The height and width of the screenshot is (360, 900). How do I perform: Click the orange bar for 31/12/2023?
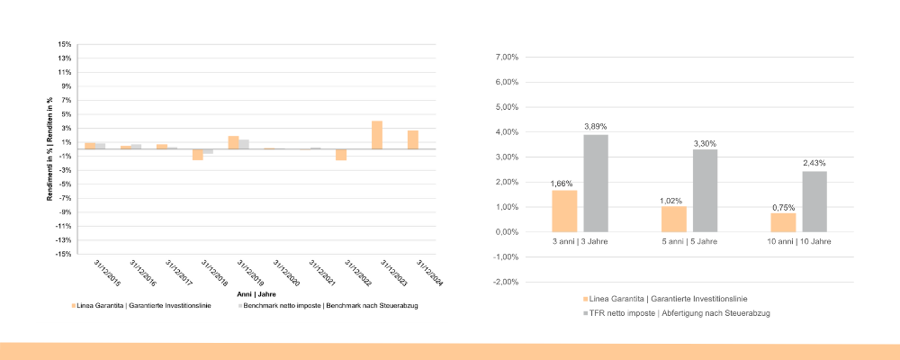pos(377,135)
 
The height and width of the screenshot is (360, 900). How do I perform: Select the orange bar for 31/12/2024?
pos(412,139)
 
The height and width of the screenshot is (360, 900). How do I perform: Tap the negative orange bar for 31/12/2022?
pos(341,154)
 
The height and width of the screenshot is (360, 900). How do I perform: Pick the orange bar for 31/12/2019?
pos(233,142)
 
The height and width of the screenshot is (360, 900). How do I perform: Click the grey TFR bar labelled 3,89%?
pos(596,183)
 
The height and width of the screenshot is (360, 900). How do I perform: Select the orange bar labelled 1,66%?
pos(564,211)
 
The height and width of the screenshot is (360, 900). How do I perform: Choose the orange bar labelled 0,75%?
pos(783,222)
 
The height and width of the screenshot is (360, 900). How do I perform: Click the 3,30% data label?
pos(705,144)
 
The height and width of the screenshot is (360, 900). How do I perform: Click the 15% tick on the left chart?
pos(64,44)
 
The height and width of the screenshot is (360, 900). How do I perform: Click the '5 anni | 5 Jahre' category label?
pos(689,243)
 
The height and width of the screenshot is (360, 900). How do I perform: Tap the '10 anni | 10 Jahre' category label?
pos(798,243)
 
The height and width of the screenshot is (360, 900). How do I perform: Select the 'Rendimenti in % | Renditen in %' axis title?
pos(51,149)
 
